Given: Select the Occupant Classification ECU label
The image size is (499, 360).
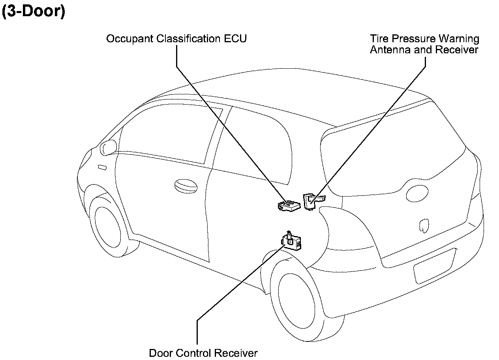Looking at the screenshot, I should pyautogui.click(x=176, y=39).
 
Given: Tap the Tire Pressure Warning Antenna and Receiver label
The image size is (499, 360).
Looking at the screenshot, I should pyautogui.click(x=424, y=44).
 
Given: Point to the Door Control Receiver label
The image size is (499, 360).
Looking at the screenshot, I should pyautogui.click(x=203, y=352).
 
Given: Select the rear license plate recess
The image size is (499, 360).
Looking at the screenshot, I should pyautogui.click(x=433, y=266).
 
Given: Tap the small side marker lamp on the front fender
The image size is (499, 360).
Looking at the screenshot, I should pyautogui.click(x=102, y=167).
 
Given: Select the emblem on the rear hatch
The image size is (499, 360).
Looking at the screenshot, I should pyautogui.click(x=424, y=225).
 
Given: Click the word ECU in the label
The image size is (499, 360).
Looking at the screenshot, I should pyautogui.click(x=236, y=39).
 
